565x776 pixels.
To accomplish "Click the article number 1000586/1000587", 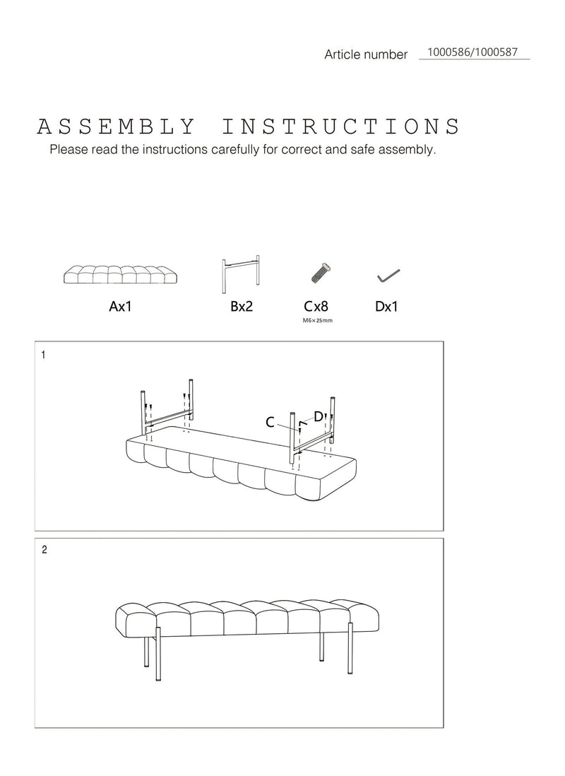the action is coord(472,52).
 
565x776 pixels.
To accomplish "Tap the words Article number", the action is coord(366,54).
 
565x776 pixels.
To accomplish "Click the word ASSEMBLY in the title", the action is coord(117,127).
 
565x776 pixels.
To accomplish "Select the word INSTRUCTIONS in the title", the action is coord(341,127).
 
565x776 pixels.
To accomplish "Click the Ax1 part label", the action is coord(120,306).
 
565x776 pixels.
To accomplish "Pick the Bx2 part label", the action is coord(242,306).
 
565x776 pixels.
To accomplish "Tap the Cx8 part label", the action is coord(316,306).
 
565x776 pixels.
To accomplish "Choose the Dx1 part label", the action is coord(386,306).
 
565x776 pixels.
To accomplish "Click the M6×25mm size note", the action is coord(318,320).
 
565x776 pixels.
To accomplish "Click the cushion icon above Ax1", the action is coord(121,274).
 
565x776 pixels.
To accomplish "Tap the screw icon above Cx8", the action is coord(321,273).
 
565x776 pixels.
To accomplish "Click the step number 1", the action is coord(44,355).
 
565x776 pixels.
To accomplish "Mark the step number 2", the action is coord(44,550).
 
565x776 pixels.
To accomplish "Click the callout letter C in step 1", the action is coord(270,423).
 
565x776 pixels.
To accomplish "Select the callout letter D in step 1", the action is coord(319,417).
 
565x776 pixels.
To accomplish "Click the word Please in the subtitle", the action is coord(69,149).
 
